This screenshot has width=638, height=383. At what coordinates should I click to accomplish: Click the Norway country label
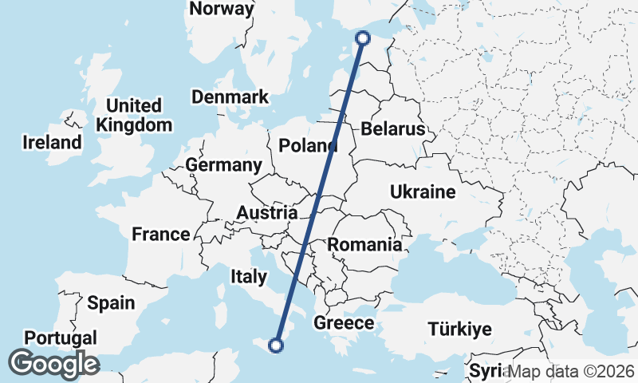tap(223, 10)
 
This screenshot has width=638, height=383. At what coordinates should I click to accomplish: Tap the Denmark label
tap(230, 97)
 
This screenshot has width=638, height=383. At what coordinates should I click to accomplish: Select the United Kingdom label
tap(133, 115)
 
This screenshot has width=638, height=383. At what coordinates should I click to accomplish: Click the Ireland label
tap(52, 142)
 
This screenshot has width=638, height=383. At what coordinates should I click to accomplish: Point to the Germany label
tap(223, 165)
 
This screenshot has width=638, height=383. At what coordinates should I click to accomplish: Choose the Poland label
tap(308, 145)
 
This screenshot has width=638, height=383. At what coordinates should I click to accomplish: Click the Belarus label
tap(392, 129)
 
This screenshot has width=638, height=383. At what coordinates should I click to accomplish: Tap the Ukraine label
tap(423, 191)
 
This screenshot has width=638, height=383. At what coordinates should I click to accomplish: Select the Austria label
tap(267, 213)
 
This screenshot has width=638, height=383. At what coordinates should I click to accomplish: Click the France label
tap(161, 235)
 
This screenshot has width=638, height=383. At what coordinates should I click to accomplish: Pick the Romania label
tap(365, 244)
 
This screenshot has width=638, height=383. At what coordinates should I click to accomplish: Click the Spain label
tap(111, 302)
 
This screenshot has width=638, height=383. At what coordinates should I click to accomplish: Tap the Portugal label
tap(61, 337)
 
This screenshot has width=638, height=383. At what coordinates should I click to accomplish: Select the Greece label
tap(344, 323)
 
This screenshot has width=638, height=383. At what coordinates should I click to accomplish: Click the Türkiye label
tap(459, 329)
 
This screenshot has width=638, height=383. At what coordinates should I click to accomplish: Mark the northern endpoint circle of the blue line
tap(364, 38)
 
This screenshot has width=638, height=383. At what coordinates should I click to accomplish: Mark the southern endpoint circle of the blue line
tap(276, 345)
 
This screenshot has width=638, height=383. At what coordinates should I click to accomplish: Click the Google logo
tap(53, 364)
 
